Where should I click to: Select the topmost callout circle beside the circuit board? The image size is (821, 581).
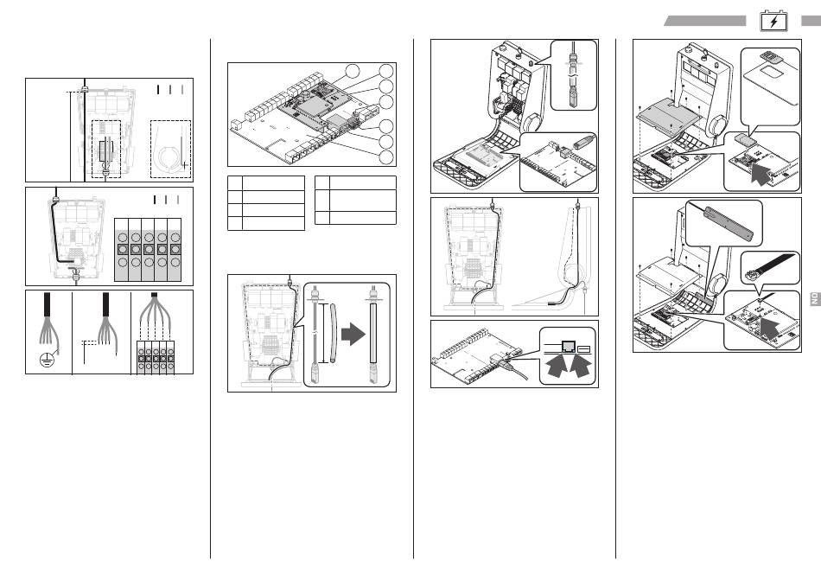pos(352,71)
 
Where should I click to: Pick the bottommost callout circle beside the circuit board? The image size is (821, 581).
pos(387,156)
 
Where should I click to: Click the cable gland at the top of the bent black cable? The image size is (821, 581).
pos(56,198)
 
